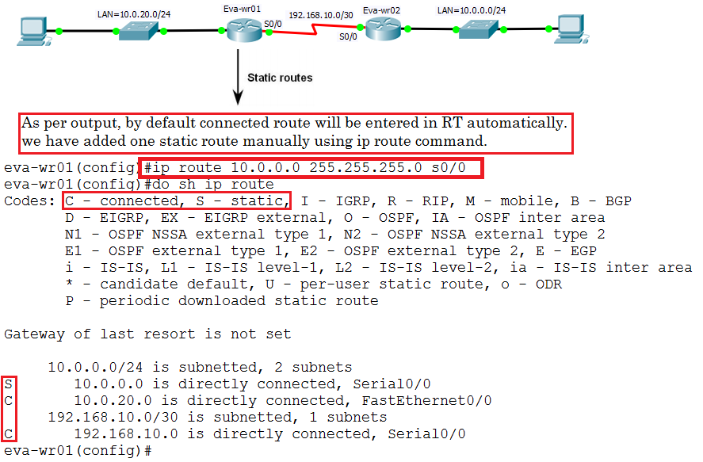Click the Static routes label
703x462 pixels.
(280, 78)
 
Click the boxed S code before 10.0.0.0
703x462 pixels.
(8, 384)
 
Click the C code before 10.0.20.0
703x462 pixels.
(8, 401)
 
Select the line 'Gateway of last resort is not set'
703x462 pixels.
(147, 334)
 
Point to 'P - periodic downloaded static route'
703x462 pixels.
(222, 301)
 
